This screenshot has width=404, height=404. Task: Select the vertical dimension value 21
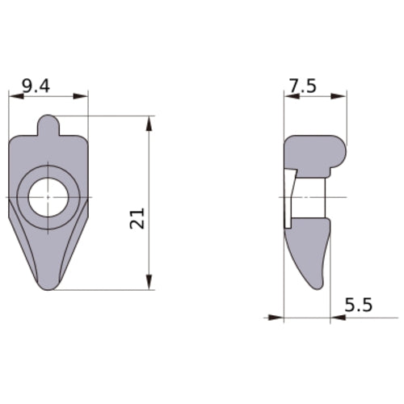click(138, 217)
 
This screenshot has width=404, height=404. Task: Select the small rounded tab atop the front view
click(48, 126)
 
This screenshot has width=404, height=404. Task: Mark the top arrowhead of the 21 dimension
click(149, 122)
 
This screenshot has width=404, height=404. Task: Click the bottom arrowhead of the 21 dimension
click(149, 283)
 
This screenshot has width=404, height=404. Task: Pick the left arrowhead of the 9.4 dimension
click(15, 96)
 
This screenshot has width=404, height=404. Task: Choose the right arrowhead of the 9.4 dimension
click(82, 96)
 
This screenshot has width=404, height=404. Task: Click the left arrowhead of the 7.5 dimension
click(290, 96)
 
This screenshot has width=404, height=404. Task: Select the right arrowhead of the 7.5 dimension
click(341, 96)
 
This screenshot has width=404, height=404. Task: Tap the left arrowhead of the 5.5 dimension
click(276, 318)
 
